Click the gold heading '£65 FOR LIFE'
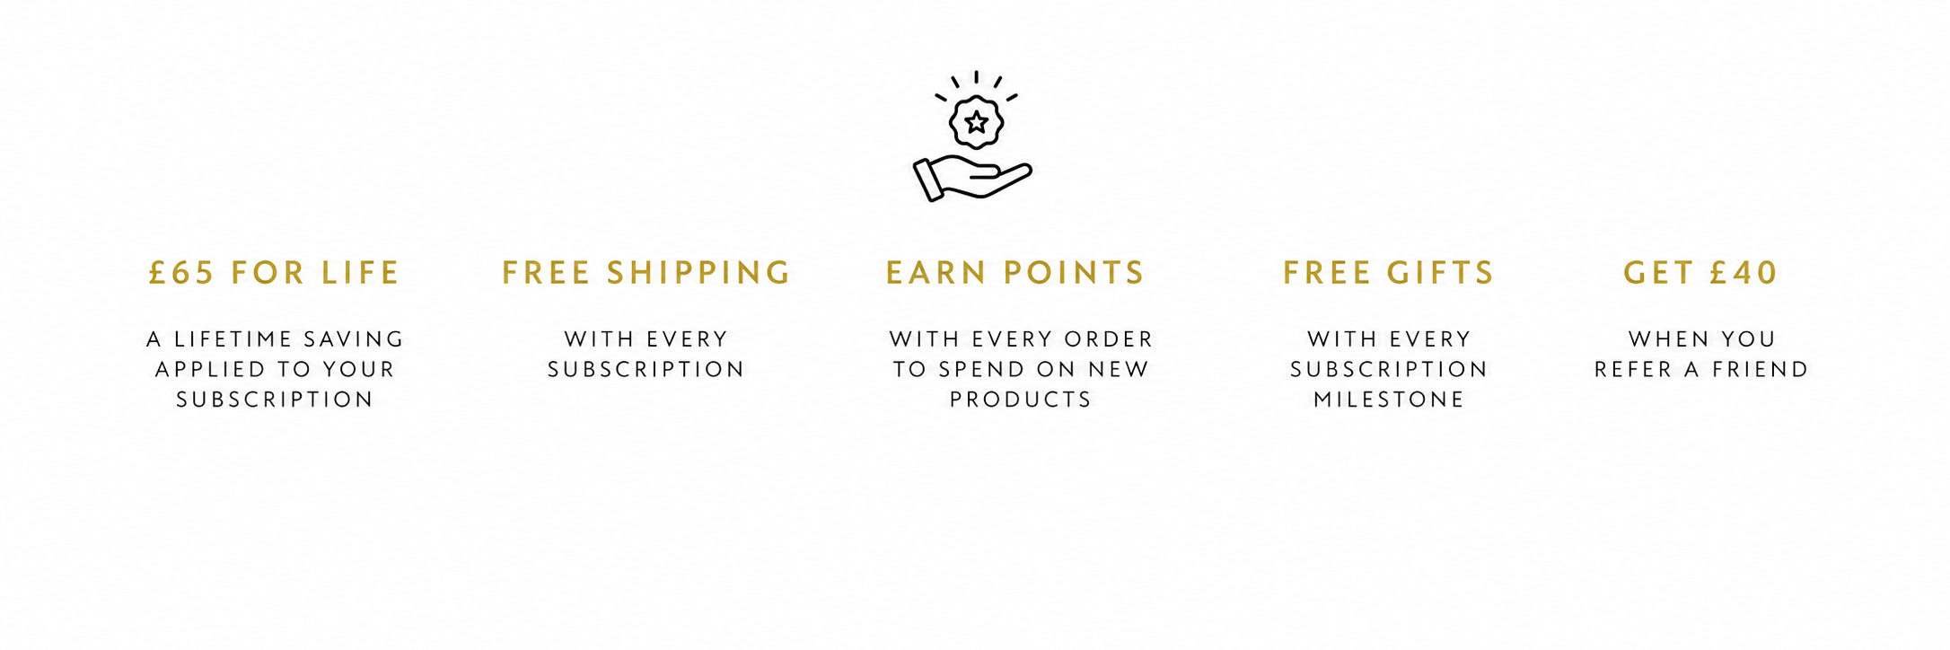click(x=274, y=273)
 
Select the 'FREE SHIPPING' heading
click(x=646, y=273)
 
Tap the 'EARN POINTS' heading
click(x=1015, y=273)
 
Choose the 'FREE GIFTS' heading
click(x=1389, y=273)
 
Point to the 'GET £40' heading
click(x=1700, y=273)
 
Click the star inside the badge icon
click(x=976, y=121)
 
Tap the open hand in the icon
click(x=972, y=178)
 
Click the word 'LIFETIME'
click(x=233, y=339)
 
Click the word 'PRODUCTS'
click(x=1021, y=400)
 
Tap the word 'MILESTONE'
click(x=1389, y=400)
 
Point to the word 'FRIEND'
click(x=1761, y=370)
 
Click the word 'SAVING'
click(x=354, y=339)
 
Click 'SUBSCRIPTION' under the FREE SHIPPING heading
click(x=646, y=370)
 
